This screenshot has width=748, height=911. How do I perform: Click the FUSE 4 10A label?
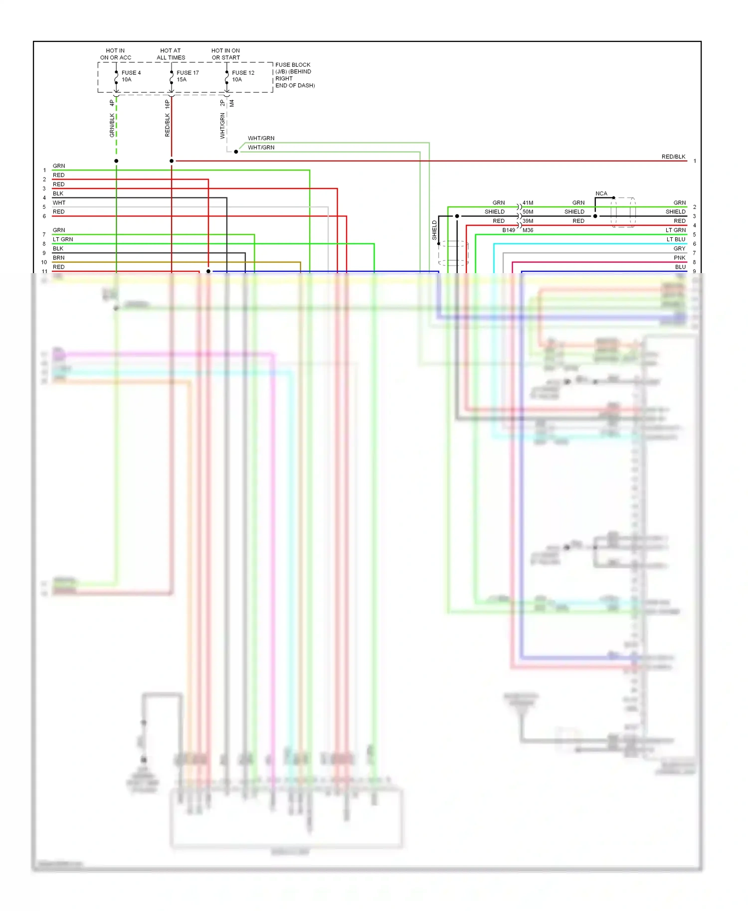pyautogui.click(x=131, y=76)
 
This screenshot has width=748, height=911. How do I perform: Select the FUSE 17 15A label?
pyautogui.click(x=187, y=76)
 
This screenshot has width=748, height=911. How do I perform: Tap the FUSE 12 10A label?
pyautogui.click(x=243, y=76)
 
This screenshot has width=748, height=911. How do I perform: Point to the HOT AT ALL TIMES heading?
pyautogui.click(x=171, y=54)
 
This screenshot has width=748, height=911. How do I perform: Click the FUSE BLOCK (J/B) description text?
pyautogui.click(x=295, y=75)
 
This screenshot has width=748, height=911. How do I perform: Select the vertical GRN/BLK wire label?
pyautogui.click(x=112, y=125)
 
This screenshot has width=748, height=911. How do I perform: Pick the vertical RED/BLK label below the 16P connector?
pyautogui.click(x=168, y=125)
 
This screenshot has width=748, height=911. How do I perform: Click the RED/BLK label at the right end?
pyautogui.click(x=673, y=156)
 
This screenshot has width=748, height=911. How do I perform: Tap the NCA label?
pyautogui.click(x=601, y=193)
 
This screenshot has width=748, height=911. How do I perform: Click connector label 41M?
pyautogui.click(x=528, y=203)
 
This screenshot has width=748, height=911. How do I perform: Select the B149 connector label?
pyautogui.click(x=509, y=230)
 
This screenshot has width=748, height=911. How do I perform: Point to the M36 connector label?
pyautogui.click(x=528, y=230)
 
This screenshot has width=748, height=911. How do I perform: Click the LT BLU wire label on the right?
pyautogui.click(x=676, y=239)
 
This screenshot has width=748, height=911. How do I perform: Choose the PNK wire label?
pyautogui.click(x=679, y=258)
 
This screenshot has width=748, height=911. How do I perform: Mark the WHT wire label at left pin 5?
pyautogui.click(x=59, y=203)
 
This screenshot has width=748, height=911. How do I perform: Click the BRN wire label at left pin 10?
pyautogui.click(x=59, y=258)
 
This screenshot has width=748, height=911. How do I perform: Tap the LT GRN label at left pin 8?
pyautogui.click(x=63, y=239)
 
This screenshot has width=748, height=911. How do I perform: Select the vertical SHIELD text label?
pyautogui.click(x=434, y=230)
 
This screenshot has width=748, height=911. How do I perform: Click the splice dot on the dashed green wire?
pyautogui.click(x=116, y=161)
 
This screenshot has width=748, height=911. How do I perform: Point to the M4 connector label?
pyautogui.click(x=232, y=103)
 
